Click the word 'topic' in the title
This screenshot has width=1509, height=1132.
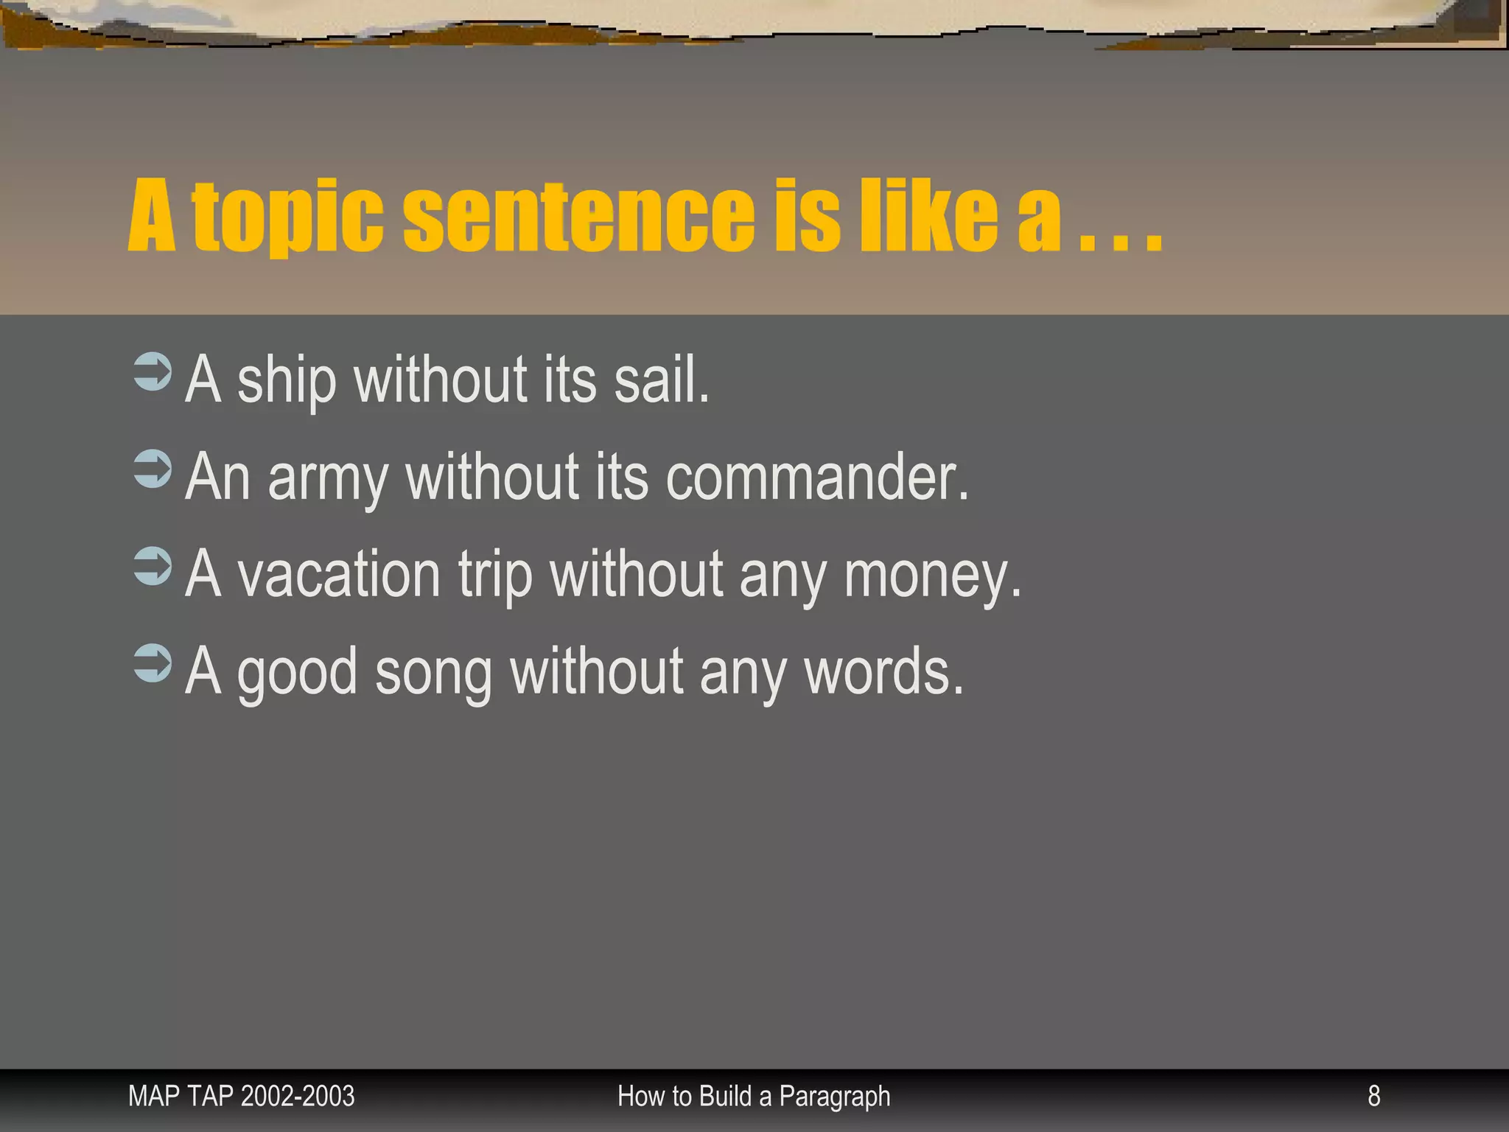pos(287,217)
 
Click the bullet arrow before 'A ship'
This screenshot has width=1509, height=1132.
pos(153,371)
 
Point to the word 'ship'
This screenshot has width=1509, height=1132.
pos(287,381)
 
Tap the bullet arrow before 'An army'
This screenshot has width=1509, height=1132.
pos(153,469)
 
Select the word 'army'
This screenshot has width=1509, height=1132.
pos(327,479)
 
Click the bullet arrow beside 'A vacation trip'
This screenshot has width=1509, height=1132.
pos(153,567)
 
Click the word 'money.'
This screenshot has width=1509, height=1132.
pos(933,576)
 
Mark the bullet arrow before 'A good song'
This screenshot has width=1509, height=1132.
pos(153,664)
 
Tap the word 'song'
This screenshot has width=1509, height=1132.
pos(433,674)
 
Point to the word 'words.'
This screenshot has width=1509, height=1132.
pos(883,672)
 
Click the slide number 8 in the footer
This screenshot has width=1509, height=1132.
pos(1373,1096)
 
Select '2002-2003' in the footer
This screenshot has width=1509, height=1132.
pos(298,1097)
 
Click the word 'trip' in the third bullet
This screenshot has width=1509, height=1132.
pos(495,576)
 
